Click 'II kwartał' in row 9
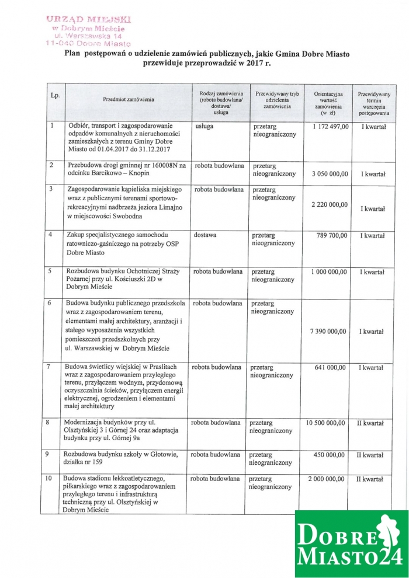370,454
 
